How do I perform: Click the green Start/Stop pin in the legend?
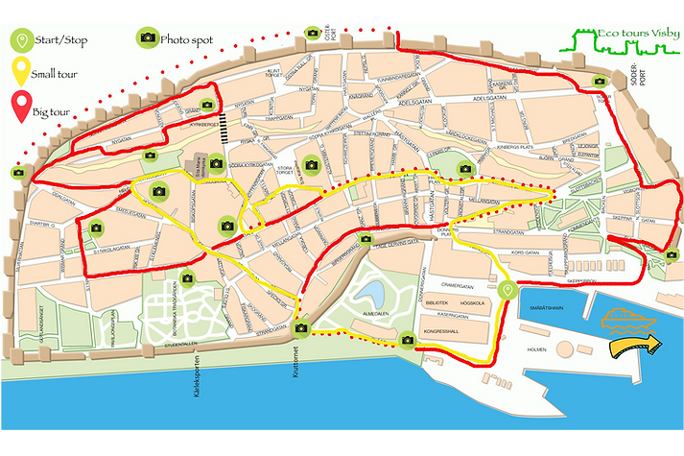tap(20, 39)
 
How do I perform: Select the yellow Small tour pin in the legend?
tap(20, 72)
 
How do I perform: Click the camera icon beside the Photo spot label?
tap(147, 38)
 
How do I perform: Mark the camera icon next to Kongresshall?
tap(407, 338)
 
